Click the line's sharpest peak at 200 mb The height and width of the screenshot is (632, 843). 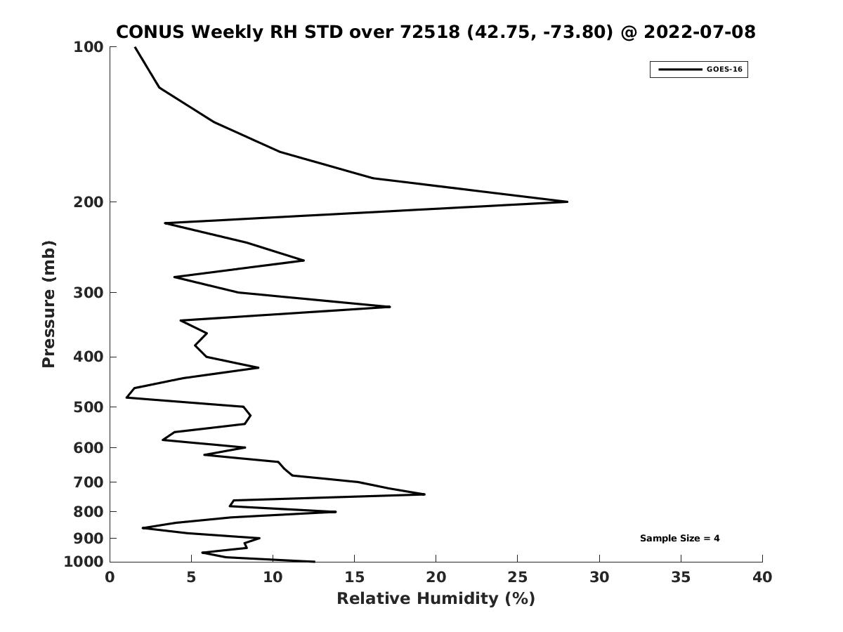tap(567, 202)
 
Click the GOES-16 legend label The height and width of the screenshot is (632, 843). tap(724, 70)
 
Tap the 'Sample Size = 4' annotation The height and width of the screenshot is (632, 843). tap(679, 538)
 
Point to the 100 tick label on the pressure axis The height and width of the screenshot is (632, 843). tap(89, 47)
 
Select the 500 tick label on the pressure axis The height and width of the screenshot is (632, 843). tap(89, 407)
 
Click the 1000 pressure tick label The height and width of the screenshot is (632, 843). tap(84, 561)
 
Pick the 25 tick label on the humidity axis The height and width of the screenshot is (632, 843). tap(517, 577)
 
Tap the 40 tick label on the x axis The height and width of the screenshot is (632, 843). tap(762, 577)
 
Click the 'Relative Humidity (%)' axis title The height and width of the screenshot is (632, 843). tap(436, 598)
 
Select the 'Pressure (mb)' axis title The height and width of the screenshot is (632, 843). tap(48, 304)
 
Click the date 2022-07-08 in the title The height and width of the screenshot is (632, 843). tap(700, 32)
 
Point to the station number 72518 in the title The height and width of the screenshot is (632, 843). tap(430, 32)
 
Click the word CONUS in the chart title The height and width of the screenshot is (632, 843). tap(150, 32)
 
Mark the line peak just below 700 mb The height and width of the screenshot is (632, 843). tap(424, 494)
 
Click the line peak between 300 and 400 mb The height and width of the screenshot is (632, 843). tap(389, 307)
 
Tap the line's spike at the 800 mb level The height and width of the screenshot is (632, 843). tap(335, 511)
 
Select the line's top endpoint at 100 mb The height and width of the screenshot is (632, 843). tap(135, 48)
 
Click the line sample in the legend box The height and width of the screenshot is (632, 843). tap(680, 70)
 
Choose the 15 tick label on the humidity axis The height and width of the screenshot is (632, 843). tap(354, 577)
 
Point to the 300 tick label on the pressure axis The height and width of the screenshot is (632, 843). tap(89, 292)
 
